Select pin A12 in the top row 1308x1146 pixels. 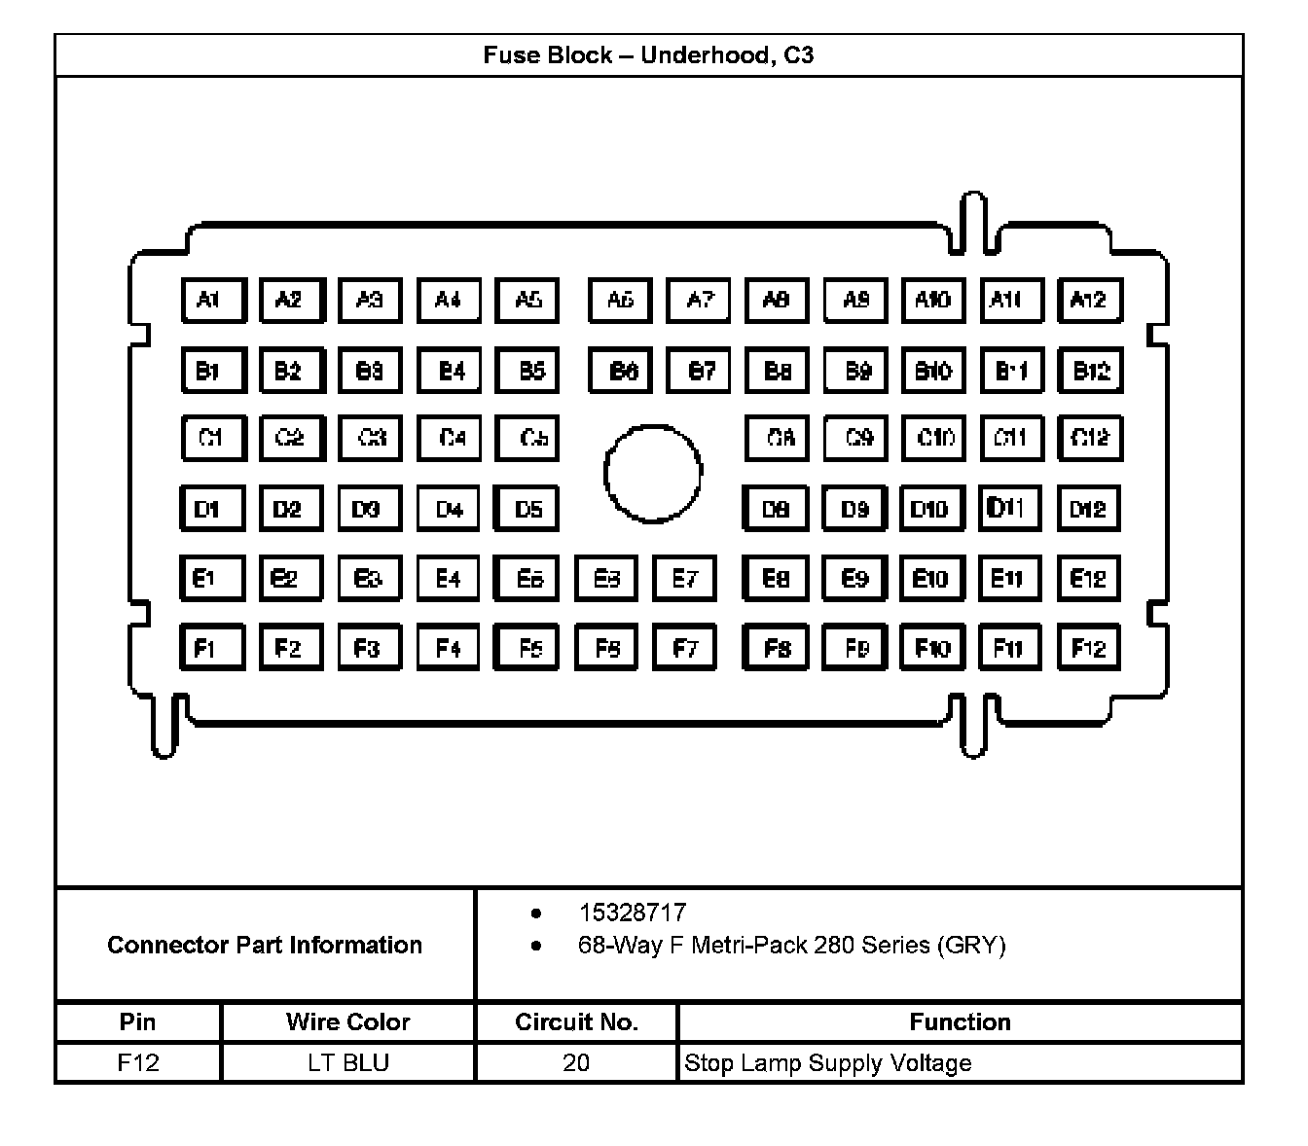(x=1089, y=300)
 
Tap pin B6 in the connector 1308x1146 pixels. (x=621, y=371)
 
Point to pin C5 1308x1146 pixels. (x=527, y=438)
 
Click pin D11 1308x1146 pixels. (x=1009, y=508)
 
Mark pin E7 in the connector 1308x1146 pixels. (x=684, y=579)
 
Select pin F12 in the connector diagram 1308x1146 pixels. (x=1088, y=648)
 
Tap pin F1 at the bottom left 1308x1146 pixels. (x=212, y=648)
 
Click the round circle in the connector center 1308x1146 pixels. (x=652, y=473)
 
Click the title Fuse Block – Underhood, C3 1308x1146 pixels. (x=648, y=55)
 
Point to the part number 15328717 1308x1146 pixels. (x=632, y=913)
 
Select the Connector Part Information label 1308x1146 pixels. (x=265, y=945)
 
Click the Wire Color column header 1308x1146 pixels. (x=347, y=1021)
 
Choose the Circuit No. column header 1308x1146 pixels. (x=576, y=1021)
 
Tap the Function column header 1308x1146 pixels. (x=960, y=1021)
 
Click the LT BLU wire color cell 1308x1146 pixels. (x=347, y=1062)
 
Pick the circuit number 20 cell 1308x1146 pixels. (x=576, y=1062)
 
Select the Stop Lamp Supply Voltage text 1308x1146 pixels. (x=827, y=1062)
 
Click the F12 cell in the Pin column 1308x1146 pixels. (x=137, y=1062)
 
